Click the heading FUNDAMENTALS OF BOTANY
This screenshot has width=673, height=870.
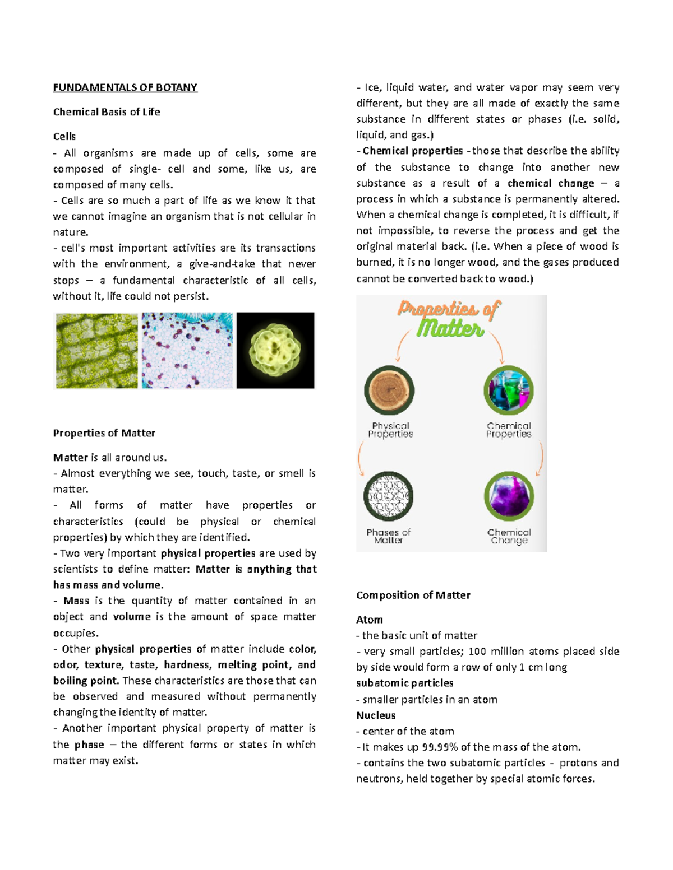(x=125, y=87)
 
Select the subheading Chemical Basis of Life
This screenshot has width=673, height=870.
(x=107, y=112)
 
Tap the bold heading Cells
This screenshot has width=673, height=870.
(x=64, y=136)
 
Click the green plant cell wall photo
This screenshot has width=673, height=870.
(x=96, y=351)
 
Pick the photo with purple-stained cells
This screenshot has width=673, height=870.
(x=187, y=351)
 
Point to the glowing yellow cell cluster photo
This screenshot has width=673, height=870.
(x=275, y=351)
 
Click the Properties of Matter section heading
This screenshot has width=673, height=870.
(x=104, y=433)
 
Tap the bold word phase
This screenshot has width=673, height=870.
(x=89, y=745)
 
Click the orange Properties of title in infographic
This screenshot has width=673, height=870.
(x=449, y=309)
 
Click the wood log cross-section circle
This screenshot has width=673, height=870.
(x=389, y=390)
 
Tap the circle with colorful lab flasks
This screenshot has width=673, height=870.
(x=508, y=390)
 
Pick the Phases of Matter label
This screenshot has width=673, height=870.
(x=389, y=536)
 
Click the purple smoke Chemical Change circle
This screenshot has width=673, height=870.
(x=508, y=496)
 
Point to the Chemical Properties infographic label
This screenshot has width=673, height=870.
(x=508, y=430)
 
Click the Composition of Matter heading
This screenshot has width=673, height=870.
(x=413, y=595)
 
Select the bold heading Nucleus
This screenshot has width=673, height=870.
(x=376, y=715)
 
